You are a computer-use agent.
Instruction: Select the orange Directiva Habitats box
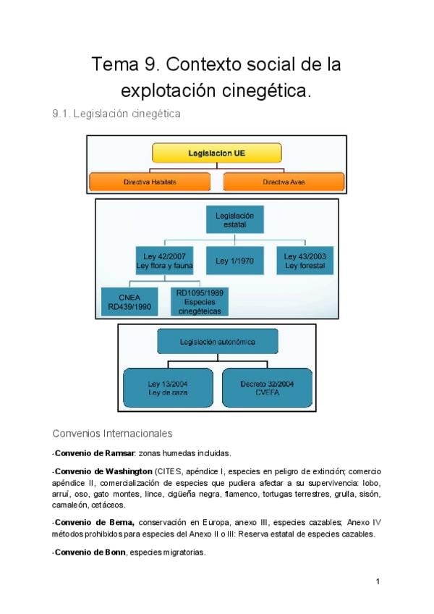[x=150, y=182]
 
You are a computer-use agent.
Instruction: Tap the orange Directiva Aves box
[x=284, y=182]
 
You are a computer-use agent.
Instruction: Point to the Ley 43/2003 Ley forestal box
[x=303, y=261]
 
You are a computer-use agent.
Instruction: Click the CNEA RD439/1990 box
[x=130, y=300]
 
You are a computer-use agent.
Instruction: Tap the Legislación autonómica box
[x=217, y=340]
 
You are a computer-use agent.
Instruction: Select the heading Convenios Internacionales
[x=112, y=434]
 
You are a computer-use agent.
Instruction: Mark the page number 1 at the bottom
[x=378, y=581]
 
